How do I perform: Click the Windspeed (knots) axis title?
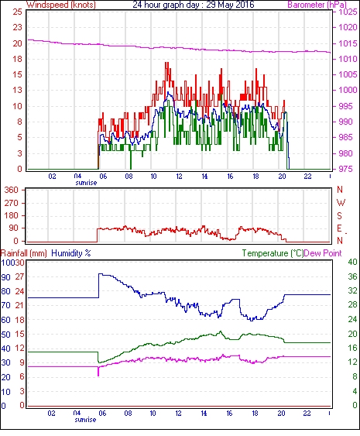[61, 5]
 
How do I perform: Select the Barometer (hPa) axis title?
[317, 5]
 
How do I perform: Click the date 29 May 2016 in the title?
[230, 5]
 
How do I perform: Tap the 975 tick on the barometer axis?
[346, 169]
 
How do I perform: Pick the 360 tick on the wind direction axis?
[12, 191]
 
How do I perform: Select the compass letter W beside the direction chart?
[341, 203]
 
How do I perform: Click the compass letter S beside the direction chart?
[340, 215]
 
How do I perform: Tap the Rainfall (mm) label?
[24, 253]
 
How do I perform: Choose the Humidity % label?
[71, 253]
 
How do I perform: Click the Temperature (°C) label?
[273, 253]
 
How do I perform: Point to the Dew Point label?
[323, 253]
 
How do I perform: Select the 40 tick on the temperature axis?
[352, 262]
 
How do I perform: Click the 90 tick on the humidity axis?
[5, 277]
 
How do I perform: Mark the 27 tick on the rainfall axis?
[20, 276]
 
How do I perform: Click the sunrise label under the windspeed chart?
[86, 183]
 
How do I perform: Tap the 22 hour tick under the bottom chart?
[307, 414]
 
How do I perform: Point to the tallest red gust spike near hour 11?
[166, 63]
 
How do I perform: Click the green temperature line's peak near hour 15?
[221, 331]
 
